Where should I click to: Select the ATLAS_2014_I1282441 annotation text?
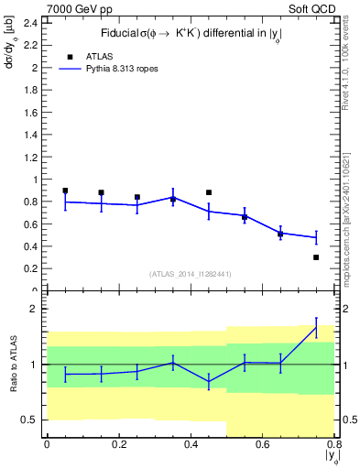tap(190, 274)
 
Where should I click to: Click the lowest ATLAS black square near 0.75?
tap(316, 257)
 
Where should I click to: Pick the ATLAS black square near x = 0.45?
tap(209, 192)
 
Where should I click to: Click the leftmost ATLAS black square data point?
tap(65, 191)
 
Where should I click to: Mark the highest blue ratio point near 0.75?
tap(316, 328)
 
